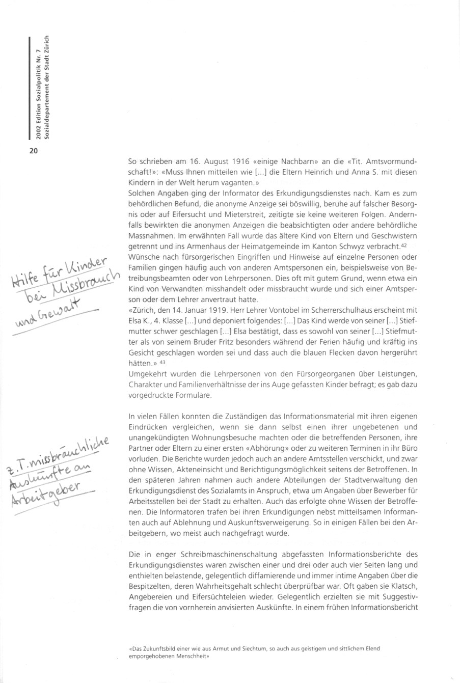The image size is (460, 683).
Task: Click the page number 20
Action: (34, 150)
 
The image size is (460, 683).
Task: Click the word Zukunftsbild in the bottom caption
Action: (157, 649)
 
